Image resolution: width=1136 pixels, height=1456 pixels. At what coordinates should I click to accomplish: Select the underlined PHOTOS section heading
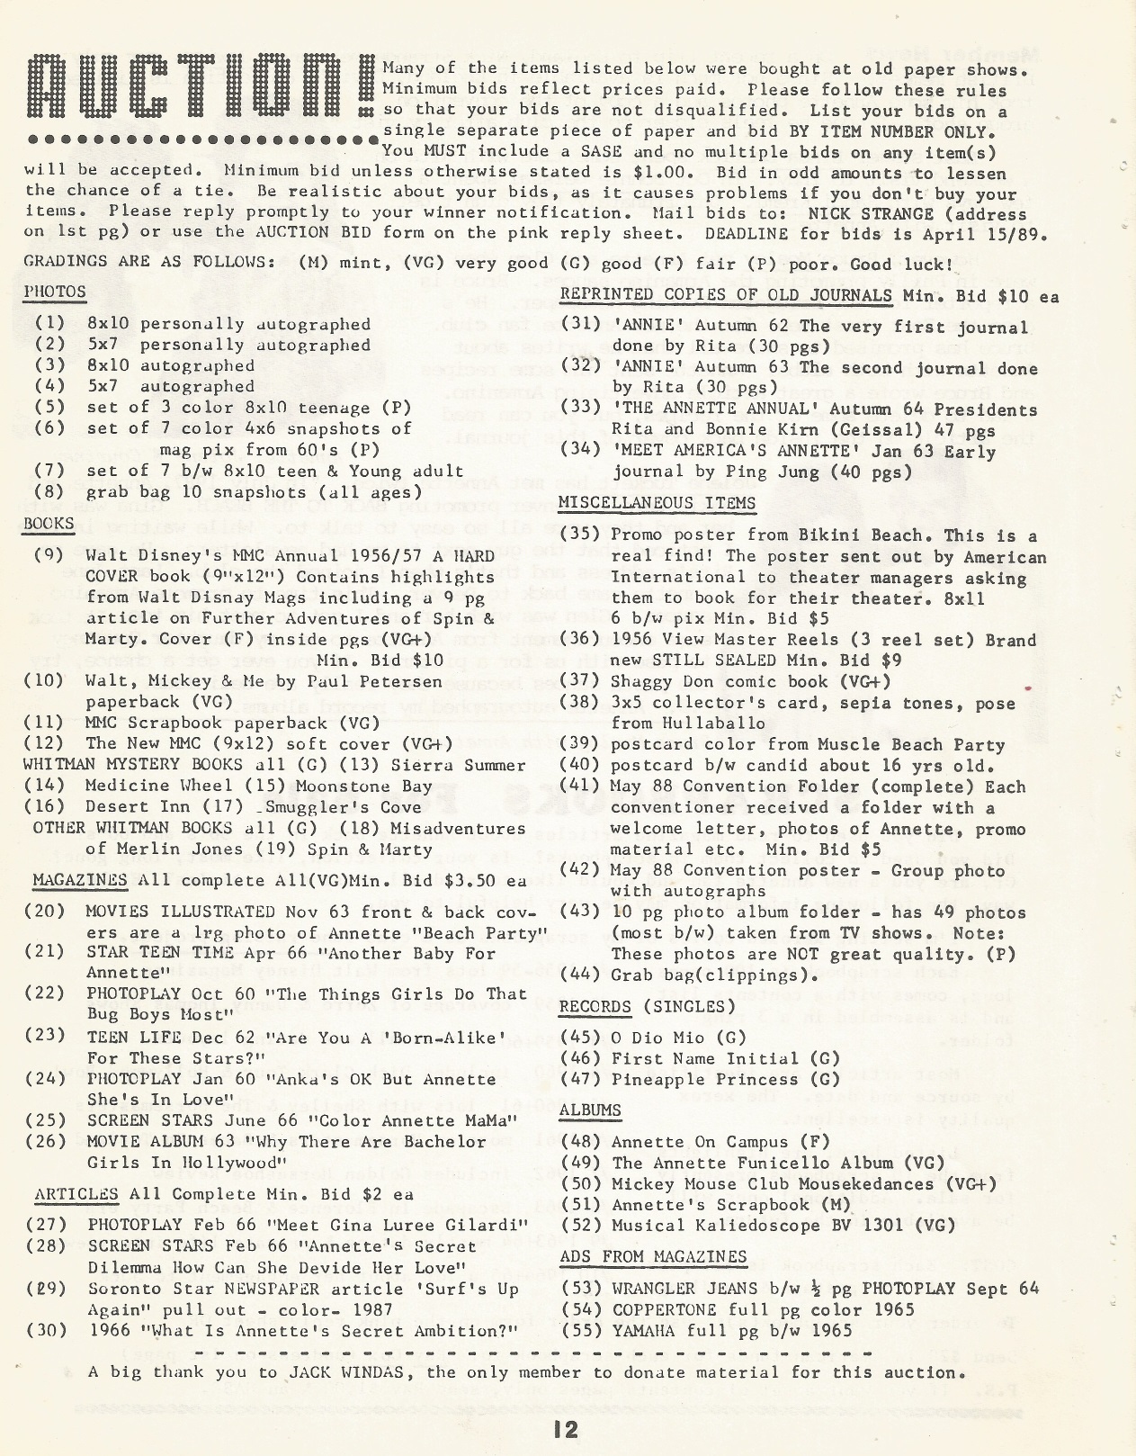[55, 292]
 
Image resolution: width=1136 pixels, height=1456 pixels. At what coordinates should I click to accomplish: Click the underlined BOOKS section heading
[49, 524]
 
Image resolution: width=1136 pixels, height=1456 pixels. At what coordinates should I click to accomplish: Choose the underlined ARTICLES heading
[76, 1194]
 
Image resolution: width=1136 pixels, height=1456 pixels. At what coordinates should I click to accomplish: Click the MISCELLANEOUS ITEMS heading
[657, 503]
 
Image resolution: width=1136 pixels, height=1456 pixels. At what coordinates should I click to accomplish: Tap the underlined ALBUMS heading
[590, 1110]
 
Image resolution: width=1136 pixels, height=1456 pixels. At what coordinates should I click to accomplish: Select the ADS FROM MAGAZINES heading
[653, 1256]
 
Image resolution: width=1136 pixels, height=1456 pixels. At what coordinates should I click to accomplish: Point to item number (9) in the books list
[49, 555]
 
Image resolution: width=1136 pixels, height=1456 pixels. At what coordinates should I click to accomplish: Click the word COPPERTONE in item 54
[664, 1309]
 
